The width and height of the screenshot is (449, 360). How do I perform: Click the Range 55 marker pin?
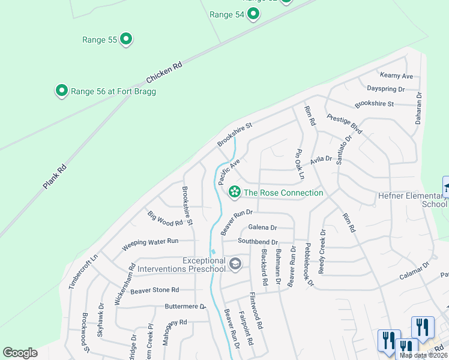pos(126,40)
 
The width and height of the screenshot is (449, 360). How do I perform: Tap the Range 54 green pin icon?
pos(253,14)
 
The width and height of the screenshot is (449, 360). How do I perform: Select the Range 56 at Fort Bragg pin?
pos(61,91)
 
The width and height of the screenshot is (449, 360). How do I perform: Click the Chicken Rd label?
pos(164,74)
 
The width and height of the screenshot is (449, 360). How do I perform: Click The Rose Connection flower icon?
pos(234,192)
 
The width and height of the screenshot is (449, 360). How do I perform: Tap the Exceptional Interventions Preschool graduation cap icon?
pos(235,263)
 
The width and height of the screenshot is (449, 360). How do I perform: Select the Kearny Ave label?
pos(397,76)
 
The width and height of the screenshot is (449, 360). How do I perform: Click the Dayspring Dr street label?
pos(385,89)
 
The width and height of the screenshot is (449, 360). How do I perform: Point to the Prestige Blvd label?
pos(345,124)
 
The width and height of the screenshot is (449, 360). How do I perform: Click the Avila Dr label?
pos(321,160)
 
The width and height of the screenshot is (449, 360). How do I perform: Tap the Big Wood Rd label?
pos(164,218)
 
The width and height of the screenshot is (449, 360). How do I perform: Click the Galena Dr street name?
pos(262,227)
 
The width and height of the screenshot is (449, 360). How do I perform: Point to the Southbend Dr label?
pos(258,241)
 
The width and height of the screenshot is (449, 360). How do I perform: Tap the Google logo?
pos(20,353)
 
